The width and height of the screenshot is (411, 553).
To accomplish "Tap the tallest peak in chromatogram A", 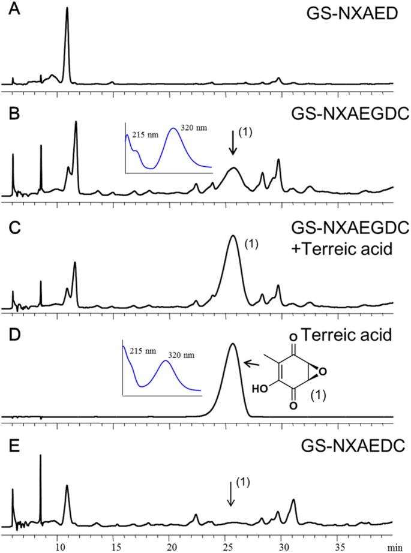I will (67, 9).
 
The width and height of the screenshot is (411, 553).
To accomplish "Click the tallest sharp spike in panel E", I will (40, 456).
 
